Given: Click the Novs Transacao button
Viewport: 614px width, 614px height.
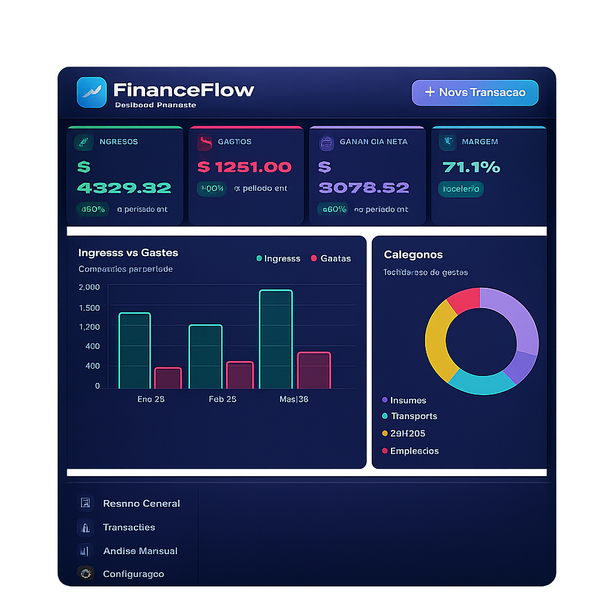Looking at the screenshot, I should (475, 92).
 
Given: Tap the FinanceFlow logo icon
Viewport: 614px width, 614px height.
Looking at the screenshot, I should (91, 92).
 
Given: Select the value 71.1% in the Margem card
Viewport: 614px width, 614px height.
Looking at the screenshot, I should (471, 167).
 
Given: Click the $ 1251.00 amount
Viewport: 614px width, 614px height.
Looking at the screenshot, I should (245, 167).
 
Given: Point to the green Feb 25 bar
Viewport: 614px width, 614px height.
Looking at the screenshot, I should (205, 357).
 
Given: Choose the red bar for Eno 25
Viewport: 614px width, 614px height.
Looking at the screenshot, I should (168, 378).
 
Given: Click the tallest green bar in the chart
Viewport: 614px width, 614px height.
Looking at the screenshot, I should (275, 339).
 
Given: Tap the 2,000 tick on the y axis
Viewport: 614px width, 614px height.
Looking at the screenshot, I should (89, 287).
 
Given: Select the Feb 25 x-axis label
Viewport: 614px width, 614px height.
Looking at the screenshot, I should (222, 399).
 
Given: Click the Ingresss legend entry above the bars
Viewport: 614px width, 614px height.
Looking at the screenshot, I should (278, 258).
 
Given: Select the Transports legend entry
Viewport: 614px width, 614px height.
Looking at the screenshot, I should (413, 416).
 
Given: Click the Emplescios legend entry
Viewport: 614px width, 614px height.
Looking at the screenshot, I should (414, 451).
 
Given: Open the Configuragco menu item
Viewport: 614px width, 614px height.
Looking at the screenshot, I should (133, 574).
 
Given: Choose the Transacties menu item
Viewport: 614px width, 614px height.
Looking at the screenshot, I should (128, 527).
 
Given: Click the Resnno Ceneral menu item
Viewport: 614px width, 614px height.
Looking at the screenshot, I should (141, 503).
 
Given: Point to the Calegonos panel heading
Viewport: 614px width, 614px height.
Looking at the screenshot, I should (413, 254).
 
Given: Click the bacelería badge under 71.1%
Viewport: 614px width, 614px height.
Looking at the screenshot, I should (460, 189).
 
